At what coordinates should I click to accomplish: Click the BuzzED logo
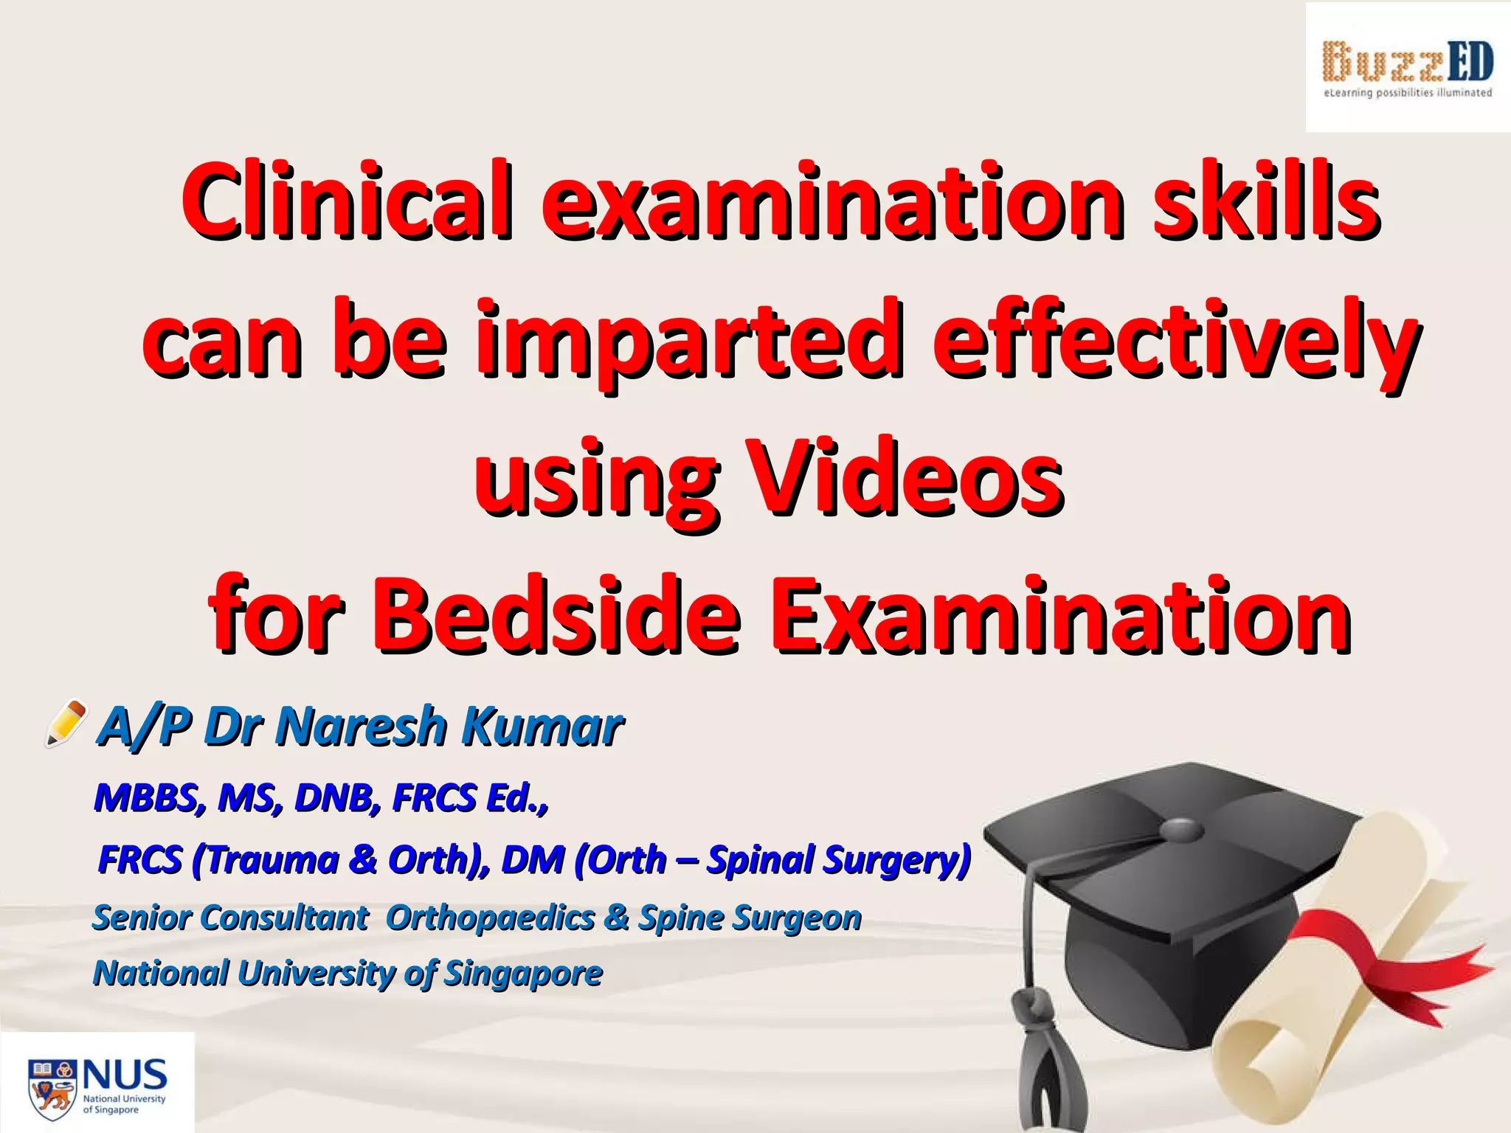(1408, 62)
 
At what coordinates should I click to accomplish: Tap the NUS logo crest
(52, 1087)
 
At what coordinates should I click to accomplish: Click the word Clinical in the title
(347, 201)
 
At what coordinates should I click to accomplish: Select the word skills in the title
(1266, 201)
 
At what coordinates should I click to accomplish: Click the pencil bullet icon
(66, 723)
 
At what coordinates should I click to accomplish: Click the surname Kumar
(542, 727)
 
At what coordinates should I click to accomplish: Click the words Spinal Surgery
(838, 860)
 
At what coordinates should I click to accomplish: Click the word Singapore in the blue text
(524, 974)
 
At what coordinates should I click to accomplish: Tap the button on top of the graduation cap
(1181, 828)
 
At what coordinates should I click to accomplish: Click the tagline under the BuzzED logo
(1408, 93)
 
